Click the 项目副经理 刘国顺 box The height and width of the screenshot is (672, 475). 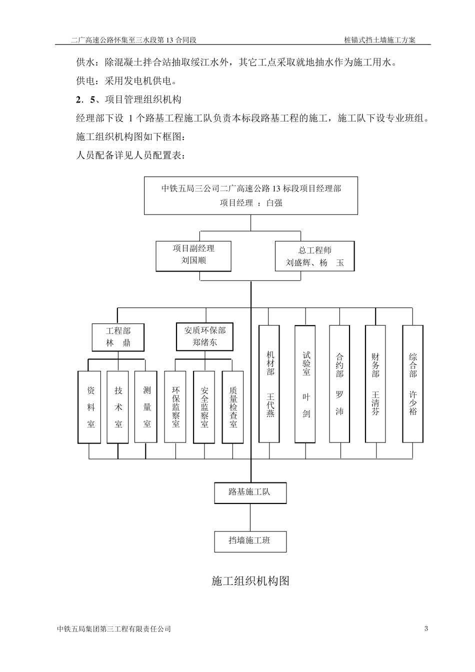point(193,256)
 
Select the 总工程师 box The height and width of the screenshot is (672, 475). point(314,256)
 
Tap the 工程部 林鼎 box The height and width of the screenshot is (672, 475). point(118,337)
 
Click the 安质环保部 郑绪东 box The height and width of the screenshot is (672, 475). point(204,336)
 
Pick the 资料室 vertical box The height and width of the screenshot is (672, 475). point(90,407)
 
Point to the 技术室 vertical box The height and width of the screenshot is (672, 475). point(118,407)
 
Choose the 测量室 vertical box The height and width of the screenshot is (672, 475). point(146,407)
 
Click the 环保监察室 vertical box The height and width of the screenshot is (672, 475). point(175,407)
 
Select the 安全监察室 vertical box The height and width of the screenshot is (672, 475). point(204,407)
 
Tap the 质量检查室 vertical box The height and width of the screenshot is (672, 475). point(233,407)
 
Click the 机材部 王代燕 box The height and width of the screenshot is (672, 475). point(269,384)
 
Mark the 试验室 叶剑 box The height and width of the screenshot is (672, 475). point(305,384)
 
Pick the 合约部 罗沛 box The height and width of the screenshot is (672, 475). point(340,384)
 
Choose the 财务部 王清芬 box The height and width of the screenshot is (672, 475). point(375,384)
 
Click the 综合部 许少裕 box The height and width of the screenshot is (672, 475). point(413,384)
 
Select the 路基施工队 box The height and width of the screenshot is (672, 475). point(250,492)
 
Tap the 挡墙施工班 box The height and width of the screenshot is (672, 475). point(250,541)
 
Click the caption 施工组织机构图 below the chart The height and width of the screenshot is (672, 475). point(250,581)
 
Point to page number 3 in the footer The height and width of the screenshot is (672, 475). point(426,628)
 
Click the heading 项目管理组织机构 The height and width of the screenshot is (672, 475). point(142,99)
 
